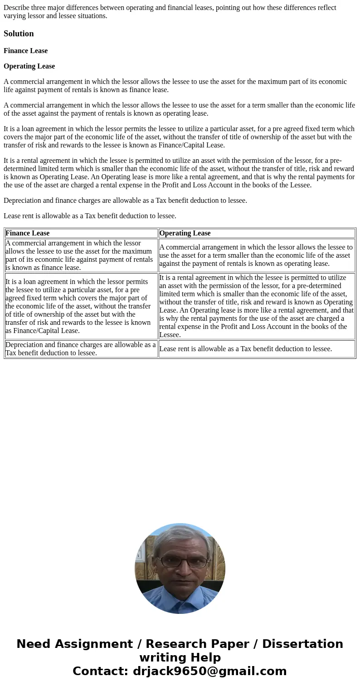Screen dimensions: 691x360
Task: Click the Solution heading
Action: pyautogui.click(x=19, y=34)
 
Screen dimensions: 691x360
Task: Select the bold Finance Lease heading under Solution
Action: pyautogui.click(x=25, y=51)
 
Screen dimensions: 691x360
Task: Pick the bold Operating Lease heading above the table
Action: pyautogui.click(x=29, y=66)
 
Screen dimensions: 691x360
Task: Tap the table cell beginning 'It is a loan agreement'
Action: pyautogui.click(x=81, y=306)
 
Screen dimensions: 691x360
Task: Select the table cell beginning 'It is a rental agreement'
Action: pyautogui.click(x=256, y=306)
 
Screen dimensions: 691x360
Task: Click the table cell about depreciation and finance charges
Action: pyautogui.click(x=81, y=349)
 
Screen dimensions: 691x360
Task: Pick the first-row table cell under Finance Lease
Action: pyautogui.click(x=81, y=255)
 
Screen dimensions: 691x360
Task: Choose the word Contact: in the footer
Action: pyautogui.click(x=100, y=671)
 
